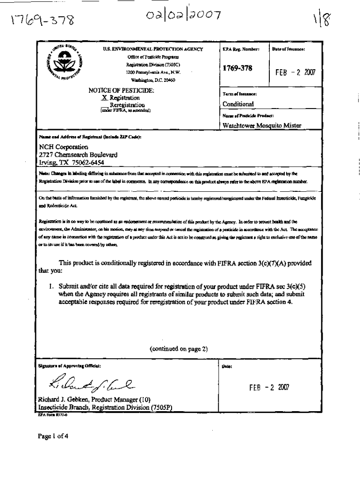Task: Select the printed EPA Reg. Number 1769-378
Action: click(238, 68)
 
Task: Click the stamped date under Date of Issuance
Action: click(296, 73)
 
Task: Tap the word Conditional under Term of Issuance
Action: click(238, 104)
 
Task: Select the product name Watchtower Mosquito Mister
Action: click(262, 125)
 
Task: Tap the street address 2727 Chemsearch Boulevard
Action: click(79, 154)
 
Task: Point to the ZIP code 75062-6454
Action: click(87, 162)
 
